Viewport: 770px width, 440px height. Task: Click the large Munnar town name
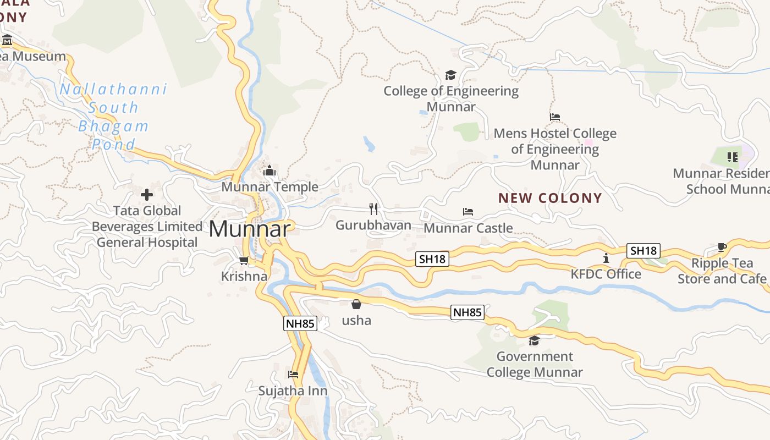pos(249,229)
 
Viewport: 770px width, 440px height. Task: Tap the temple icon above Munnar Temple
pos(269,171)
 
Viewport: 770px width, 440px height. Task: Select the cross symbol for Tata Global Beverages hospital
pos(147,194)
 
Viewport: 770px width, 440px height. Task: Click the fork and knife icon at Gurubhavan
pos(373,208)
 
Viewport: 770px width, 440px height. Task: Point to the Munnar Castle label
pos(468,228)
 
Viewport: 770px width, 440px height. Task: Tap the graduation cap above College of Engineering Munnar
pos(450,75)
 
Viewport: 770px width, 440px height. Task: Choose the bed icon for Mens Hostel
pos(555,117)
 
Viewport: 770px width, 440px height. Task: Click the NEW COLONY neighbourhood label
pos(550,198)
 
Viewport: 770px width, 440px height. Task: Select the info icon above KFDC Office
pos(606,258)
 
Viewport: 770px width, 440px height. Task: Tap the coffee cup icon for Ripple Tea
pos(722,248)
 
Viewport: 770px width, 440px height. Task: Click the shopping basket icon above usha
pos(356,304)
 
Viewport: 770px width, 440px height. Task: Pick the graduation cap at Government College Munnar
pos(534,340)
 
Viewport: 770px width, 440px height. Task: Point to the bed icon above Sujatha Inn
pos(293,375)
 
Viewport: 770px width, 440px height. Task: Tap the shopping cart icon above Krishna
pos(244,260)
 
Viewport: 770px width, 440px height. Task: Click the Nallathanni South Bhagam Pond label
pos(113,117)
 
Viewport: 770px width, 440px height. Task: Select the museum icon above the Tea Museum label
pos(7,40)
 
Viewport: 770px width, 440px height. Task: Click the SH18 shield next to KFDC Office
pos(643,251)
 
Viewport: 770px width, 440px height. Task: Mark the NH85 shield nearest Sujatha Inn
pos(300,323)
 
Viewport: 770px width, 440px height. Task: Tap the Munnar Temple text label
pos(269,187)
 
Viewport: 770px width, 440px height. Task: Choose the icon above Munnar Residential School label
pos(732,158)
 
